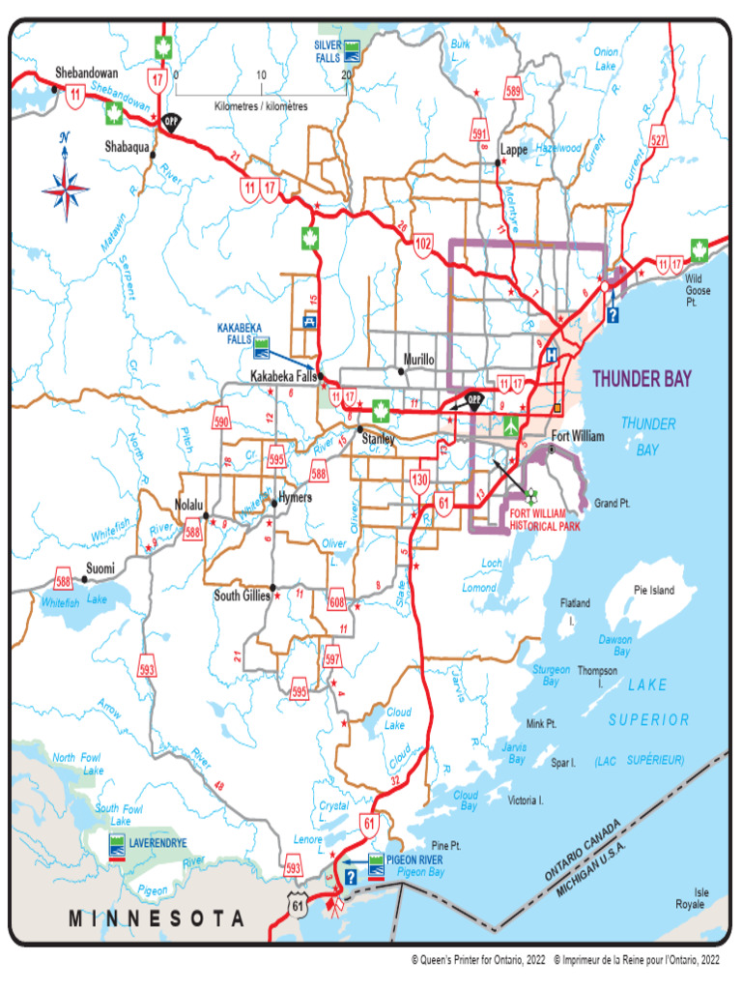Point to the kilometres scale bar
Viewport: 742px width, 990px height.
click(261, 95)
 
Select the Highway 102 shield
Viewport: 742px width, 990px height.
click(422, 247)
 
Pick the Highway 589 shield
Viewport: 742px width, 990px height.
click(513, 93)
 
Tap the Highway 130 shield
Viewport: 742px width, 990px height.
click(419, 480)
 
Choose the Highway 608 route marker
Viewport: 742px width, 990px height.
click(337, 600)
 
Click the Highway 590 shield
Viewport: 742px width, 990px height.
click(222, 422)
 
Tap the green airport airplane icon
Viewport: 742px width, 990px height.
click(511, 425)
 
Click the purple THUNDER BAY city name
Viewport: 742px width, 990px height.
click(642, 379)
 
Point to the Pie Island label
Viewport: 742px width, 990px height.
click(654, 590)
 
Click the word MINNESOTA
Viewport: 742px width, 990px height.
click(156, 917)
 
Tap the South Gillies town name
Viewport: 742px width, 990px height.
click(242, 597)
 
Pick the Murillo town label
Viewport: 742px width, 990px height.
click(417, 360)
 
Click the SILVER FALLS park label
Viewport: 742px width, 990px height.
click(327, 51)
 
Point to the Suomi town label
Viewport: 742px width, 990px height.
click(101, 568)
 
